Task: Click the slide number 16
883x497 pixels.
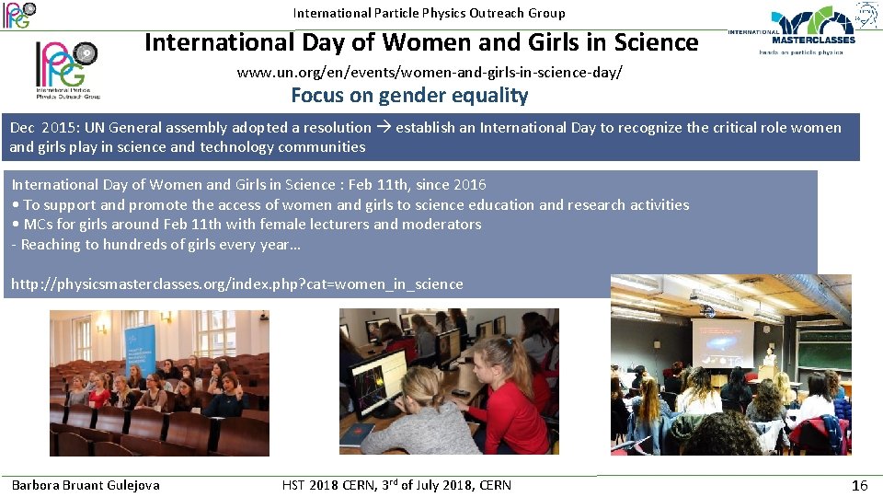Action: point(860,485)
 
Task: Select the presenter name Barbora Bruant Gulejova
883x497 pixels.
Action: point(86,485)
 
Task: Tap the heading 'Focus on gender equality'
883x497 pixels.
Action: point(409,95)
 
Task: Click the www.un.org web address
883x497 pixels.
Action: point(429,71)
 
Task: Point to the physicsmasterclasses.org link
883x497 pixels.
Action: point(236,283)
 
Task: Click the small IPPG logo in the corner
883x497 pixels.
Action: point(18,14)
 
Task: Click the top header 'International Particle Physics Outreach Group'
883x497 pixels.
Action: point(429,13)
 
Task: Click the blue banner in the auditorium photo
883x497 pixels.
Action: point(142,349)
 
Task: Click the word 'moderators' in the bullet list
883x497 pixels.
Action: point(444,224)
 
